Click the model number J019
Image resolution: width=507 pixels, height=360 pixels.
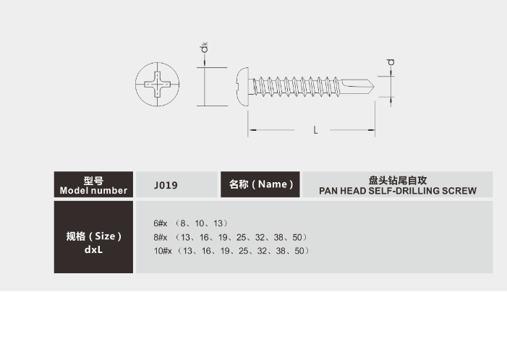pos(166,185)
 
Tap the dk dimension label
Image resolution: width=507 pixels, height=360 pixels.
pos(204,47)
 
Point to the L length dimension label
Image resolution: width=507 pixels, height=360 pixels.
pos(315,130)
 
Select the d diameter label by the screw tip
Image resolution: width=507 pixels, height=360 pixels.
pos(391,62)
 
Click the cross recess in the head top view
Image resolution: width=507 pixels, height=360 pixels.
pos(157,85)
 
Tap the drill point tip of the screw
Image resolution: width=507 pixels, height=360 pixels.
pos(374,87)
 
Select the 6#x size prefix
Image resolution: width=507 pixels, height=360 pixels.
pos(161,223)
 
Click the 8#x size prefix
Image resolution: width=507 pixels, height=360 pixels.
pos(161,238)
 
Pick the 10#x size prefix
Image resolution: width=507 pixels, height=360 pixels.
pos(163,251)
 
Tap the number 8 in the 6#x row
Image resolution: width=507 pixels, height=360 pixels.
pos(183,223)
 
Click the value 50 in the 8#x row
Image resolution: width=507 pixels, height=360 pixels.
pos(297,238)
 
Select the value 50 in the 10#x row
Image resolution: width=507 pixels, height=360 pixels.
pos(299,251)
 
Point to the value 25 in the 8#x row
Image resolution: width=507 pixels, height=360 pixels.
pos(242,238)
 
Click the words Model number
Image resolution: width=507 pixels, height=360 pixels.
pos(93,191)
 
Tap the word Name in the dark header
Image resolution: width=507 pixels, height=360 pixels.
pos(273,184)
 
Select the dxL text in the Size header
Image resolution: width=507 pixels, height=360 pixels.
pos(93,250)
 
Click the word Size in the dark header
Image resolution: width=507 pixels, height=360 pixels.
pos(105,236)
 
